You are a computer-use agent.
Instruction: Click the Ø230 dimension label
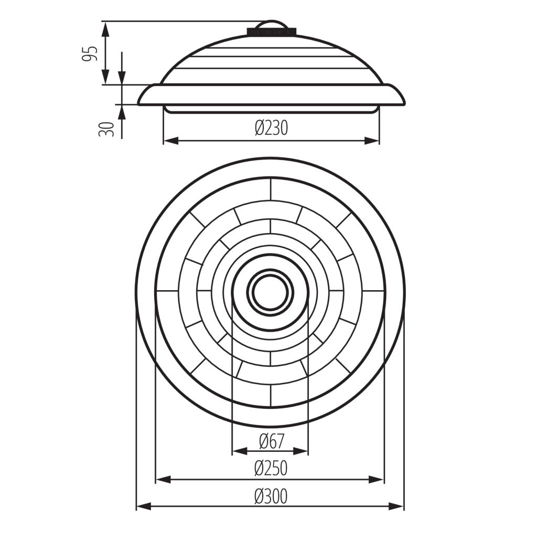[x=271, y=128]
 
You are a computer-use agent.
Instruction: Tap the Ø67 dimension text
[x=272, y=441]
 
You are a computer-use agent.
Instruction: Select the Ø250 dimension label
[x=271, y=468]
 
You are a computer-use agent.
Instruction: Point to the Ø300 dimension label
[x=271, y=496]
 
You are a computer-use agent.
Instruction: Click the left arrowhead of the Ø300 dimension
[x=144, y=506]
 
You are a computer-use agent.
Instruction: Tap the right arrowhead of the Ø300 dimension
[x=396, y=506]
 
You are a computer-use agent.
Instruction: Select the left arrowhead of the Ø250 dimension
[x=163, y=479]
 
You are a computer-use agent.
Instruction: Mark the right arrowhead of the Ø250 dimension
[x=376, y=479]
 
